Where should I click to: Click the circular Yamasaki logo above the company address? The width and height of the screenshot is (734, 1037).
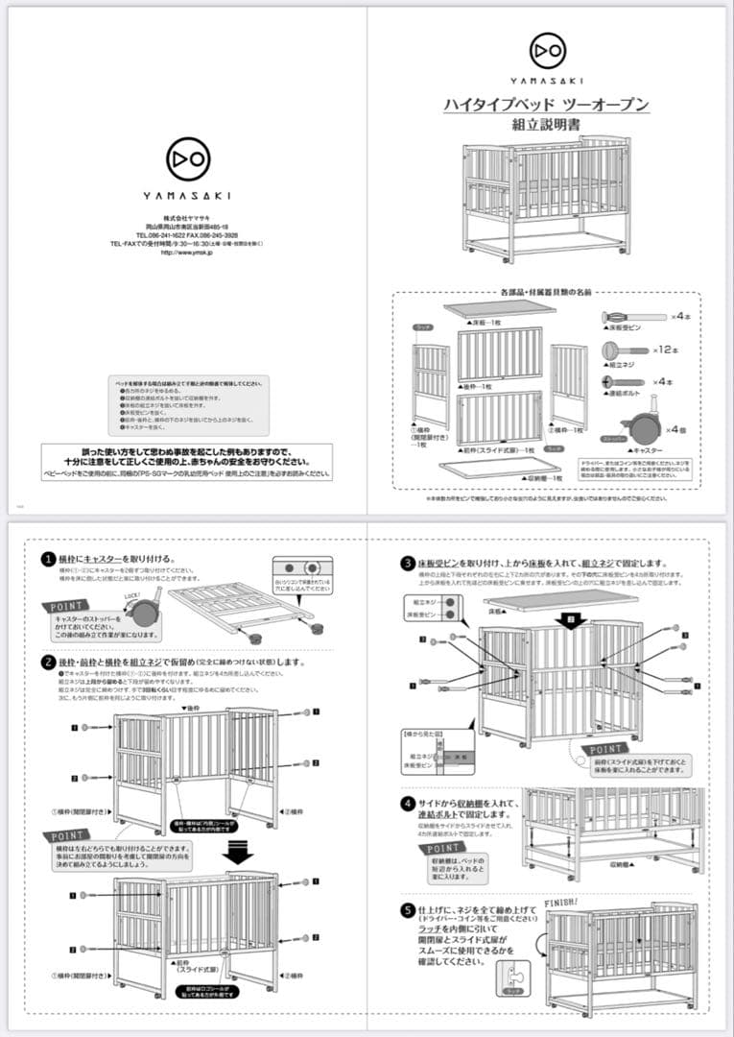coord(187,157)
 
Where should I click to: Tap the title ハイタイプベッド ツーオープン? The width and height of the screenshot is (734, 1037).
coord(546,105)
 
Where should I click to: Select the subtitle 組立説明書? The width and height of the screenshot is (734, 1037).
coord(546,125)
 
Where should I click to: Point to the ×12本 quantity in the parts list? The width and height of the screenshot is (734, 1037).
coord(665,350)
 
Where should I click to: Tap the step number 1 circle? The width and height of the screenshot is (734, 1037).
coord(47,559)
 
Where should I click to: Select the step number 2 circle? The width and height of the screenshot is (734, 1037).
coord(47,662)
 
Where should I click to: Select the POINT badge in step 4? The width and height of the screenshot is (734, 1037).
coord(443,848)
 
